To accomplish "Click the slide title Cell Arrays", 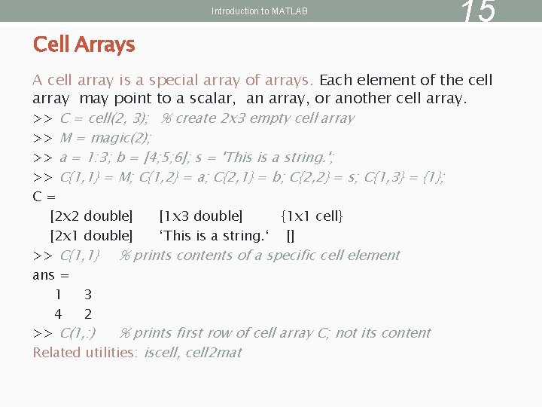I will (x=84, y=44).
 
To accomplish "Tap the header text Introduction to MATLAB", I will (x=260, y=11).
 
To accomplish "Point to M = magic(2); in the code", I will (x=105, y=138).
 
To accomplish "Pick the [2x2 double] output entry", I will (x=91, y=216).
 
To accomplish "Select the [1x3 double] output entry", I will (x=201, y=216).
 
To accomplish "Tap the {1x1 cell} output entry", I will (x=312, y=216).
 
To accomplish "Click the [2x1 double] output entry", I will (x=91, y=236).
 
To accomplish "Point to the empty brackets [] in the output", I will (x=290, y=236).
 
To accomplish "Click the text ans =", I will (x=50, y=275).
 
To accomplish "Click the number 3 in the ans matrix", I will (x=88, y=295).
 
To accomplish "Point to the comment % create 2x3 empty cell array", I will (x=258, y=118).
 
